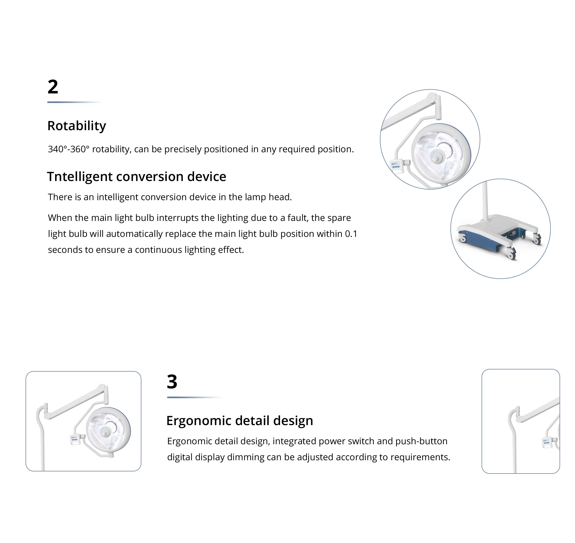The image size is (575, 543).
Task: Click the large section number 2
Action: tap(53, 87)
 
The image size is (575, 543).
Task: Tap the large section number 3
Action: tap(172, 381)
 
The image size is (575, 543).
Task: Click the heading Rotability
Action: tap(77, 126)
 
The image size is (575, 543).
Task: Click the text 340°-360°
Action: tap(69, 149)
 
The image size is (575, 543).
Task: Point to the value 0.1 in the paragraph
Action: tap(351, 234)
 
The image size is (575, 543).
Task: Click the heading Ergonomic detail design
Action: tap(240, 421)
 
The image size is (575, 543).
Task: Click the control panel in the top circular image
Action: tap(396, 166)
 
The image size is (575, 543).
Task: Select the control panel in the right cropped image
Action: tap(547, 443)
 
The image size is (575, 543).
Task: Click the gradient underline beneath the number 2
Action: tap(75, 102)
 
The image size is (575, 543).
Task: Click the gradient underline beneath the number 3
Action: tap(195, 397)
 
